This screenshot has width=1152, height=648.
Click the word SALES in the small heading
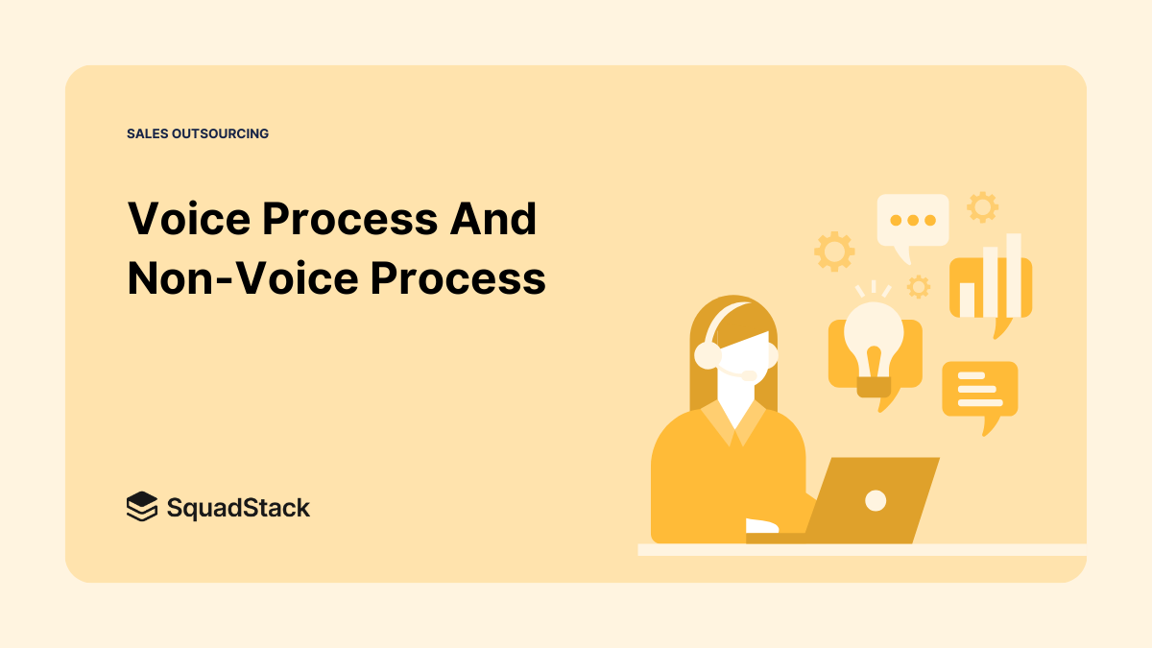point(147,133)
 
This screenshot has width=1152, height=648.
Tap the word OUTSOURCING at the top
point(221,133)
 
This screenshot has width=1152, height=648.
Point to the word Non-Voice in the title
point(242,278)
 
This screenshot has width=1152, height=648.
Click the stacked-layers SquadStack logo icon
point(141,506)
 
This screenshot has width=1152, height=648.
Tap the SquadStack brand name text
point(238,507)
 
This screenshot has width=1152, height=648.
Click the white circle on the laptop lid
point(875,499)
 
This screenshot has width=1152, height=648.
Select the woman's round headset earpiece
point(708,355)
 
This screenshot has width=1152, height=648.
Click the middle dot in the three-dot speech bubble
point(912,220)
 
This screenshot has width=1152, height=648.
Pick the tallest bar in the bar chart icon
point(1013,274)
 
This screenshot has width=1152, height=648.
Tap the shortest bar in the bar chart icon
point(967,299)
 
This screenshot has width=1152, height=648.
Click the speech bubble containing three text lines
point(979,389)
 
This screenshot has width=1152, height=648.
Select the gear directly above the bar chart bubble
point(982,206)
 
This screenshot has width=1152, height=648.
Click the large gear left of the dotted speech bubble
point(834,252)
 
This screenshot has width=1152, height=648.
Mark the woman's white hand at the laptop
point(762,526)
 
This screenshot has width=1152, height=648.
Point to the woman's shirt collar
point(733,422)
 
